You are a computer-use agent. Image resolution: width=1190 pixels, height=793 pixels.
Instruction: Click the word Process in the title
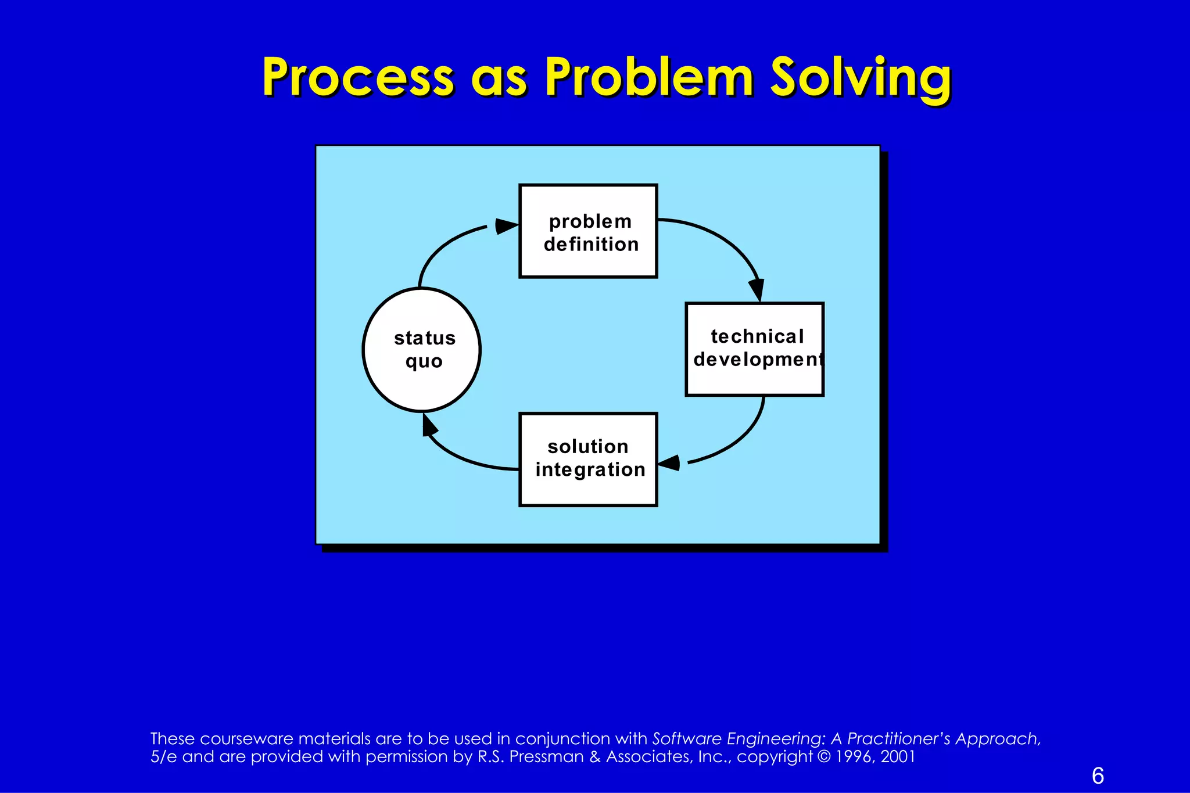(357, 77)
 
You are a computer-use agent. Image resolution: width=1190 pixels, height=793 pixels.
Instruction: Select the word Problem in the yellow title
(649, 77)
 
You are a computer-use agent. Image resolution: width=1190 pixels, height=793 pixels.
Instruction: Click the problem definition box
(588, 231)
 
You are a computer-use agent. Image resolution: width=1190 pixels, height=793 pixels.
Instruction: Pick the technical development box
(754, 349)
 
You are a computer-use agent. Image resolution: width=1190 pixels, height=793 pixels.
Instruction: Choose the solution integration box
(588, 460)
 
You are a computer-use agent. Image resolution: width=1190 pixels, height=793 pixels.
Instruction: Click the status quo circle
(422, 350)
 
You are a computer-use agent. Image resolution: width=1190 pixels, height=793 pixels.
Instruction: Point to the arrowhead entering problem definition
(506, 226)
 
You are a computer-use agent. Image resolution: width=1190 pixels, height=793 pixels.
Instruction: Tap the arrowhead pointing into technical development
(757, 289)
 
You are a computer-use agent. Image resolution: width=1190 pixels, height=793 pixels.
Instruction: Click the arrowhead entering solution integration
(669, 463)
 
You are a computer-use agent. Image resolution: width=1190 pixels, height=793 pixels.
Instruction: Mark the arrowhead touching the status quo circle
(429, 425)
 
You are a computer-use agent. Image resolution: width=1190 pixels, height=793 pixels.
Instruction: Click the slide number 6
(1098, 776)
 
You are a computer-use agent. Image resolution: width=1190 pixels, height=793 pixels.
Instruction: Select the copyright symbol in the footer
(824, 756)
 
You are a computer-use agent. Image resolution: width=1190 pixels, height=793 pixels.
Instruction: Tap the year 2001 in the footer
(898, 756)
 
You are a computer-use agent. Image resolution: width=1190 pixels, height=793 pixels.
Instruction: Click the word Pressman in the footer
(546, 756)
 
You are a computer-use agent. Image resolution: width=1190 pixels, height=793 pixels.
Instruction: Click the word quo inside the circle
(424, 361)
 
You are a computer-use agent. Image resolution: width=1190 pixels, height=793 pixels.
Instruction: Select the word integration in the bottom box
(590, 469)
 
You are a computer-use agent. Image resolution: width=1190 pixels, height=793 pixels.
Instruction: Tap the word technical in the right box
(757, 336)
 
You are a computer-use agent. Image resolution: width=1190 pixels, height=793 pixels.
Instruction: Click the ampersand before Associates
(594, 756)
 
